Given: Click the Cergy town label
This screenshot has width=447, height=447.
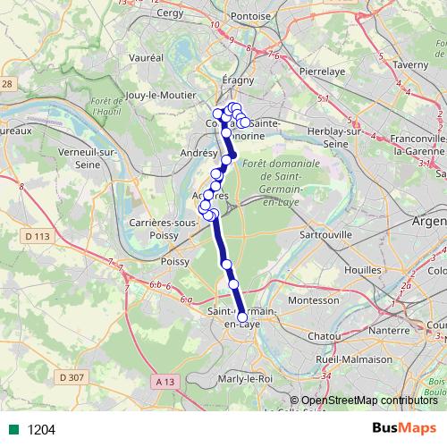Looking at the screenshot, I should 170,15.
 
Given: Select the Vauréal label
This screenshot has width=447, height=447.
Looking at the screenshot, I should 147,56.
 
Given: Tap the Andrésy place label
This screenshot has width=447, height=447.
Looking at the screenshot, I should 198,153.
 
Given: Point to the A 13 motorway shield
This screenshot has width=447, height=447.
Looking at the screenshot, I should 163,382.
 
